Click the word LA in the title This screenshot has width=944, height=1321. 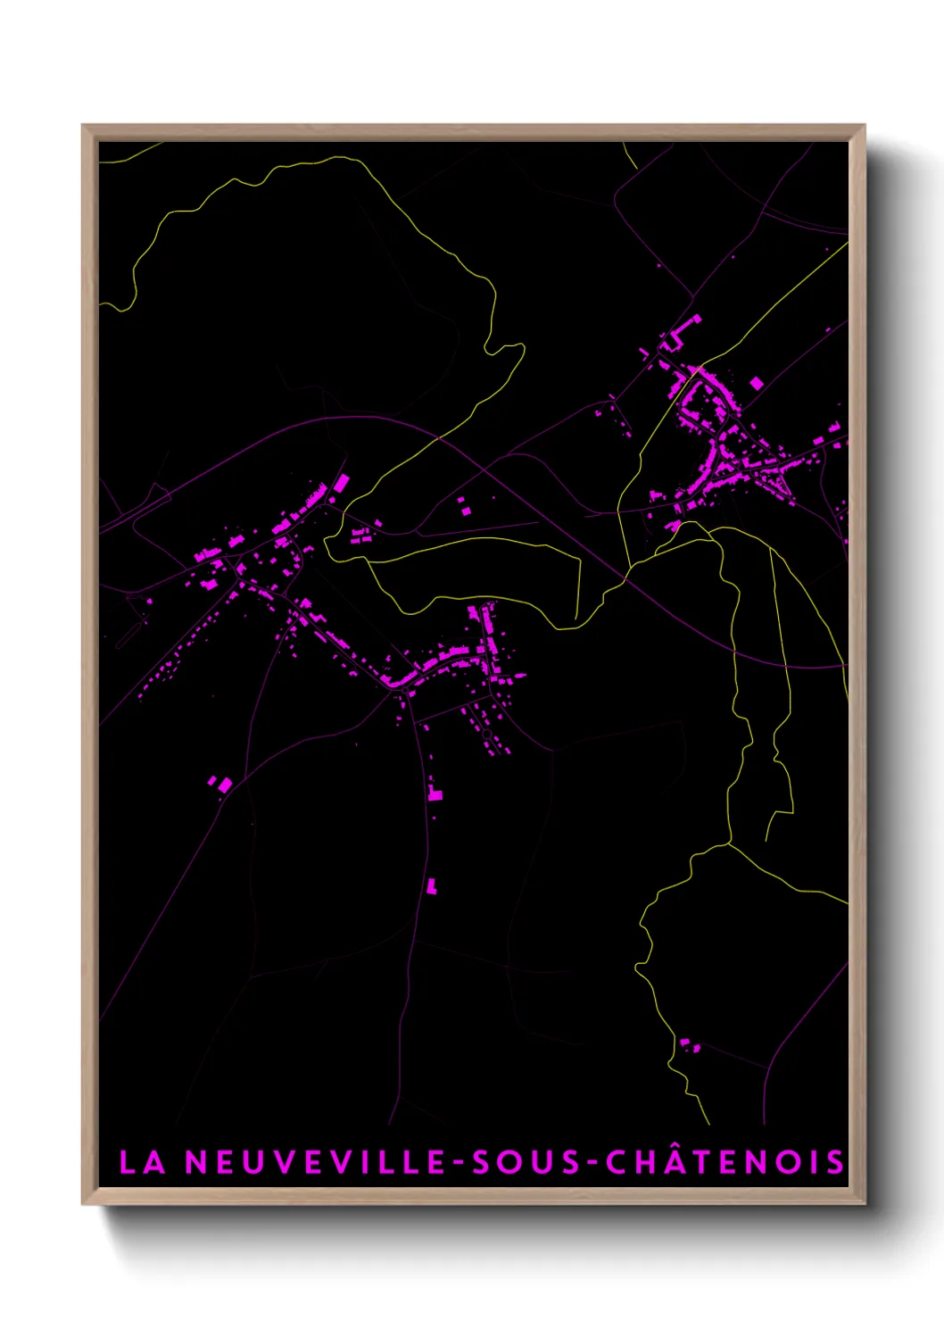pos(142,1162)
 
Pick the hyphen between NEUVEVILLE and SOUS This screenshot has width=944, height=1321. pos(460,1163)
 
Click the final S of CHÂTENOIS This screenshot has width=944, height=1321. pos(834,1162)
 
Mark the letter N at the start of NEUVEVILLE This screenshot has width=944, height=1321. pos(195,1162)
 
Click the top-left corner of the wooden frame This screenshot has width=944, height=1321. pos(83,126)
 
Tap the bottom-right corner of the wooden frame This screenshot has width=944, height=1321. pos(864,1203)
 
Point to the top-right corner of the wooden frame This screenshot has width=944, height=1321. pos(864,126)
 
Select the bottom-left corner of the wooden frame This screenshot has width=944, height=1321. pos(83,1203)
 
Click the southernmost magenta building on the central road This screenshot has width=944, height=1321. pos(432,885)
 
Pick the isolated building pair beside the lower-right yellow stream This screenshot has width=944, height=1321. pos(689,1044)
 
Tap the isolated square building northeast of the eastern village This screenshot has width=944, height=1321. pos(757,384)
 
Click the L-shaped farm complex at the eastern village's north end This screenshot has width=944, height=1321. pos(680,332)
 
